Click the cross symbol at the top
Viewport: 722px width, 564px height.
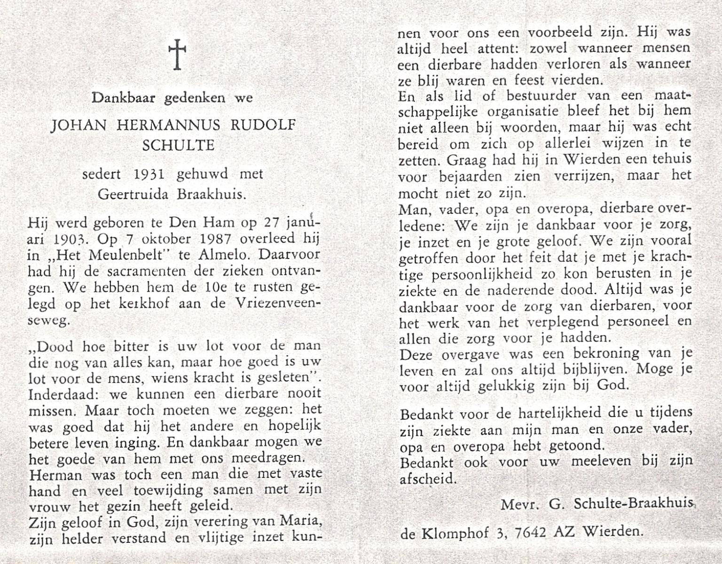[177, 54]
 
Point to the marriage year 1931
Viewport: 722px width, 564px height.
[149, 174]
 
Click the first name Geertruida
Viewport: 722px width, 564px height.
[133, 194]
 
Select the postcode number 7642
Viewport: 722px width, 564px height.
[531, 533]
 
